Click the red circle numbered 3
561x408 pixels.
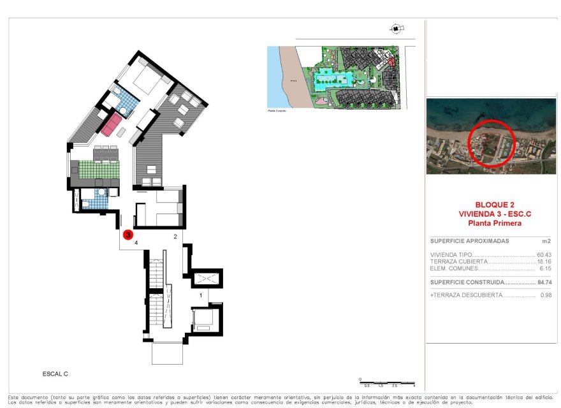coord(128,235)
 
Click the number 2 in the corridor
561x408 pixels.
coord(175,237)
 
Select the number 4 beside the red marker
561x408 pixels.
coord(136,243)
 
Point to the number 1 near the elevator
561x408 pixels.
coord(201,295)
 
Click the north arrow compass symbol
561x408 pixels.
coord(396,29)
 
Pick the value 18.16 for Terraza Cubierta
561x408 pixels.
coord(544,262)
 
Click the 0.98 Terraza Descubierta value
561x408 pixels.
coord(544,295)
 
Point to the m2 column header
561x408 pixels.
coord(545,241)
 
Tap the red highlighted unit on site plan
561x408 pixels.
coord(391,62)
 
